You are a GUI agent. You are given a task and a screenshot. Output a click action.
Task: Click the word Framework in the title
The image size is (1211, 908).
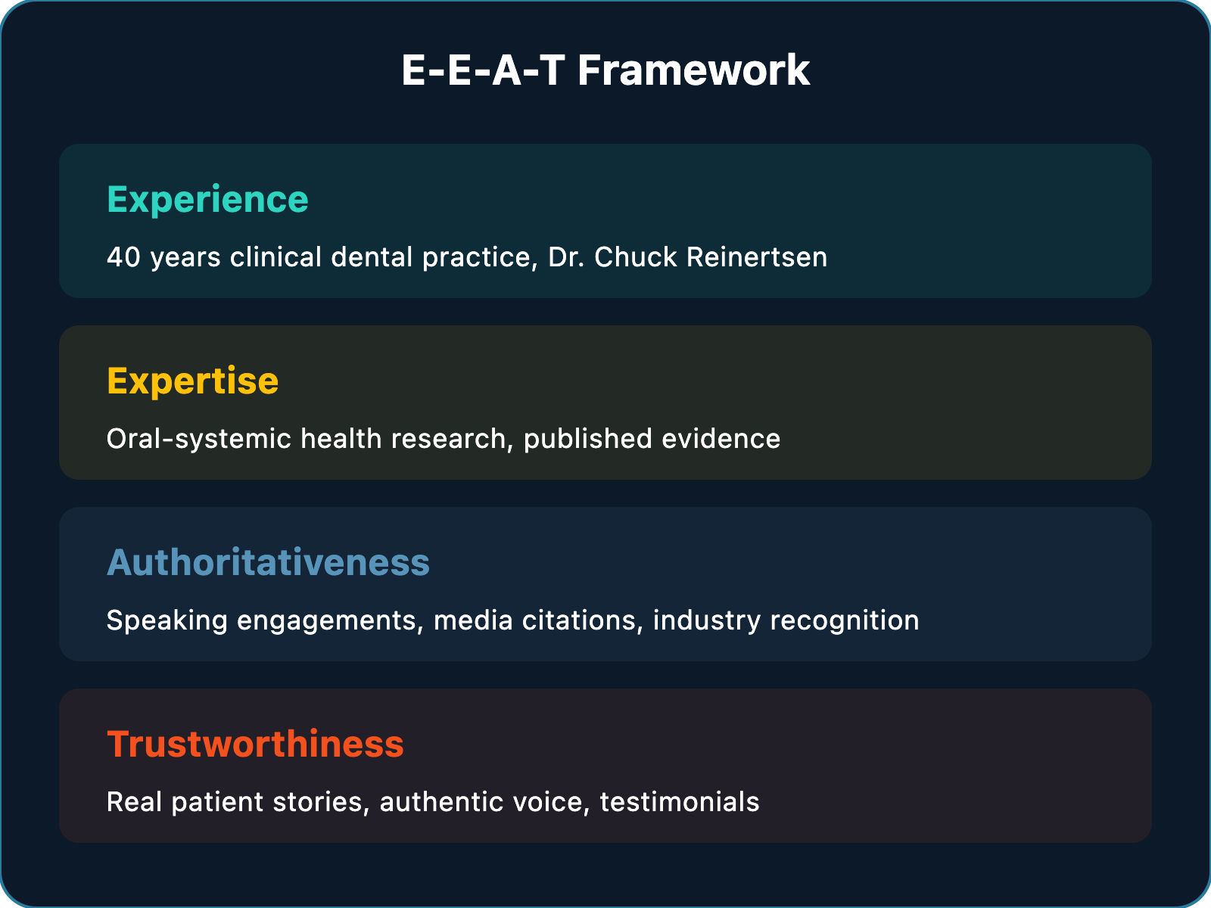tap(693, 70)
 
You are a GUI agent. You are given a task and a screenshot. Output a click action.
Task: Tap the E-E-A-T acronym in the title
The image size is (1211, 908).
tap(484, 70)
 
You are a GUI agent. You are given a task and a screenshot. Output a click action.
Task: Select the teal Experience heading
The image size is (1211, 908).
tap(207, 200)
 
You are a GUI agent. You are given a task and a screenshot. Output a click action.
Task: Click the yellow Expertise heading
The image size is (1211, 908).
tap(192, 381)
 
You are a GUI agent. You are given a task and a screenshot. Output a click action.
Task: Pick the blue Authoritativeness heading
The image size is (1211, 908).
tap(268, 563)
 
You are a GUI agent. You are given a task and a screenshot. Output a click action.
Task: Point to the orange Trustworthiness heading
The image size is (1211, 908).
tap(255, 745)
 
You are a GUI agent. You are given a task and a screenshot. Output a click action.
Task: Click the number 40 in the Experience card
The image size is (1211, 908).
tap(123, 257)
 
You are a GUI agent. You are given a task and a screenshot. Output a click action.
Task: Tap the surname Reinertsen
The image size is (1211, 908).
tap(757, 257)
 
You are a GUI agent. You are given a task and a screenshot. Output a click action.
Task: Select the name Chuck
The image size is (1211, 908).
tap(636, 257)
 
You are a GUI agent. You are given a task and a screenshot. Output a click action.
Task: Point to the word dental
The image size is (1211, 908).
tap(372, 257)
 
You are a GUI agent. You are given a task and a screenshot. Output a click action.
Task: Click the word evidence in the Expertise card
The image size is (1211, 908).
tap(721, 439)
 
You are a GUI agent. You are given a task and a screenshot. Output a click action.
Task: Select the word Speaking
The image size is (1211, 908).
tap(167, 621)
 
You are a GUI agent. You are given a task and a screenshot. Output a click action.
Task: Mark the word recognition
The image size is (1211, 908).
tap(845, 621)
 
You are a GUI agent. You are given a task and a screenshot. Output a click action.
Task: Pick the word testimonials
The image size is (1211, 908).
tap(680, 801)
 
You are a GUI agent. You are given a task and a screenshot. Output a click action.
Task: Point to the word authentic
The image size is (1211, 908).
tap(441, 801)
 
